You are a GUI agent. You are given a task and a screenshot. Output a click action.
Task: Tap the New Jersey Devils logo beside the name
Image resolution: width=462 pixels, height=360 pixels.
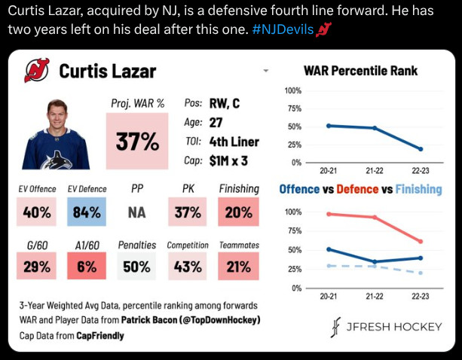(x=35, y=71)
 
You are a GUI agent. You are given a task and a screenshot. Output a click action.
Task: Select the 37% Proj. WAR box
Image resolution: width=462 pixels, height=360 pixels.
(x=136, y=141)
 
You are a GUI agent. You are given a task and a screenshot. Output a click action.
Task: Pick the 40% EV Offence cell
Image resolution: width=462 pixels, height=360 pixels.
(x=38, y=212)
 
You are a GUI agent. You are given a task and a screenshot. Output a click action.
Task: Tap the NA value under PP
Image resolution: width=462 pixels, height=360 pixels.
(x=136, y=212)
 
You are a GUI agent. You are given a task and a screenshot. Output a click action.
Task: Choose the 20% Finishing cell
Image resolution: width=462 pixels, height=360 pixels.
(x=238, y=212)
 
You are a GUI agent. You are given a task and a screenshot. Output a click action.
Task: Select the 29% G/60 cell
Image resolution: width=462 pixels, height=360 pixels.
(x=38, y=266)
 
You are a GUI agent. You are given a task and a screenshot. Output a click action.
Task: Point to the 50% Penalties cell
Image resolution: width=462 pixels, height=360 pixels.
(x=136, y=266)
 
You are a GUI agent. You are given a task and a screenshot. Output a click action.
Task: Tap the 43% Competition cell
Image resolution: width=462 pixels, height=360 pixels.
(x=187, y=266)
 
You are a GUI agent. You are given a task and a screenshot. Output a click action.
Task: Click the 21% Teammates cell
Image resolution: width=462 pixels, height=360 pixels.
(x=238, y=266)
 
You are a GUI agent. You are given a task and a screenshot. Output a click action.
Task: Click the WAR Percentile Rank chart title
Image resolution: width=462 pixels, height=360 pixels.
(x=360, y=72)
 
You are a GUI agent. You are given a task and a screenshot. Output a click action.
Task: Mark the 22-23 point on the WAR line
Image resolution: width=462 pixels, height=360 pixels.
(x=421, y=149)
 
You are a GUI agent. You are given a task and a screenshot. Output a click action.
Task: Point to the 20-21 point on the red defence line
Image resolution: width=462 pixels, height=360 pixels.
(x=328, y=214)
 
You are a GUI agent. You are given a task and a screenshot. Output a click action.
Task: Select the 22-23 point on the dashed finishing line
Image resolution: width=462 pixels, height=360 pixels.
(x=421, y=273)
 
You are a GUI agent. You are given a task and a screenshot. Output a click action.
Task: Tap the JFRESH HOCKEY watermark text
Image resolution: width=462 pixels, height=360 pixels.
(x=388, y=328)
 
